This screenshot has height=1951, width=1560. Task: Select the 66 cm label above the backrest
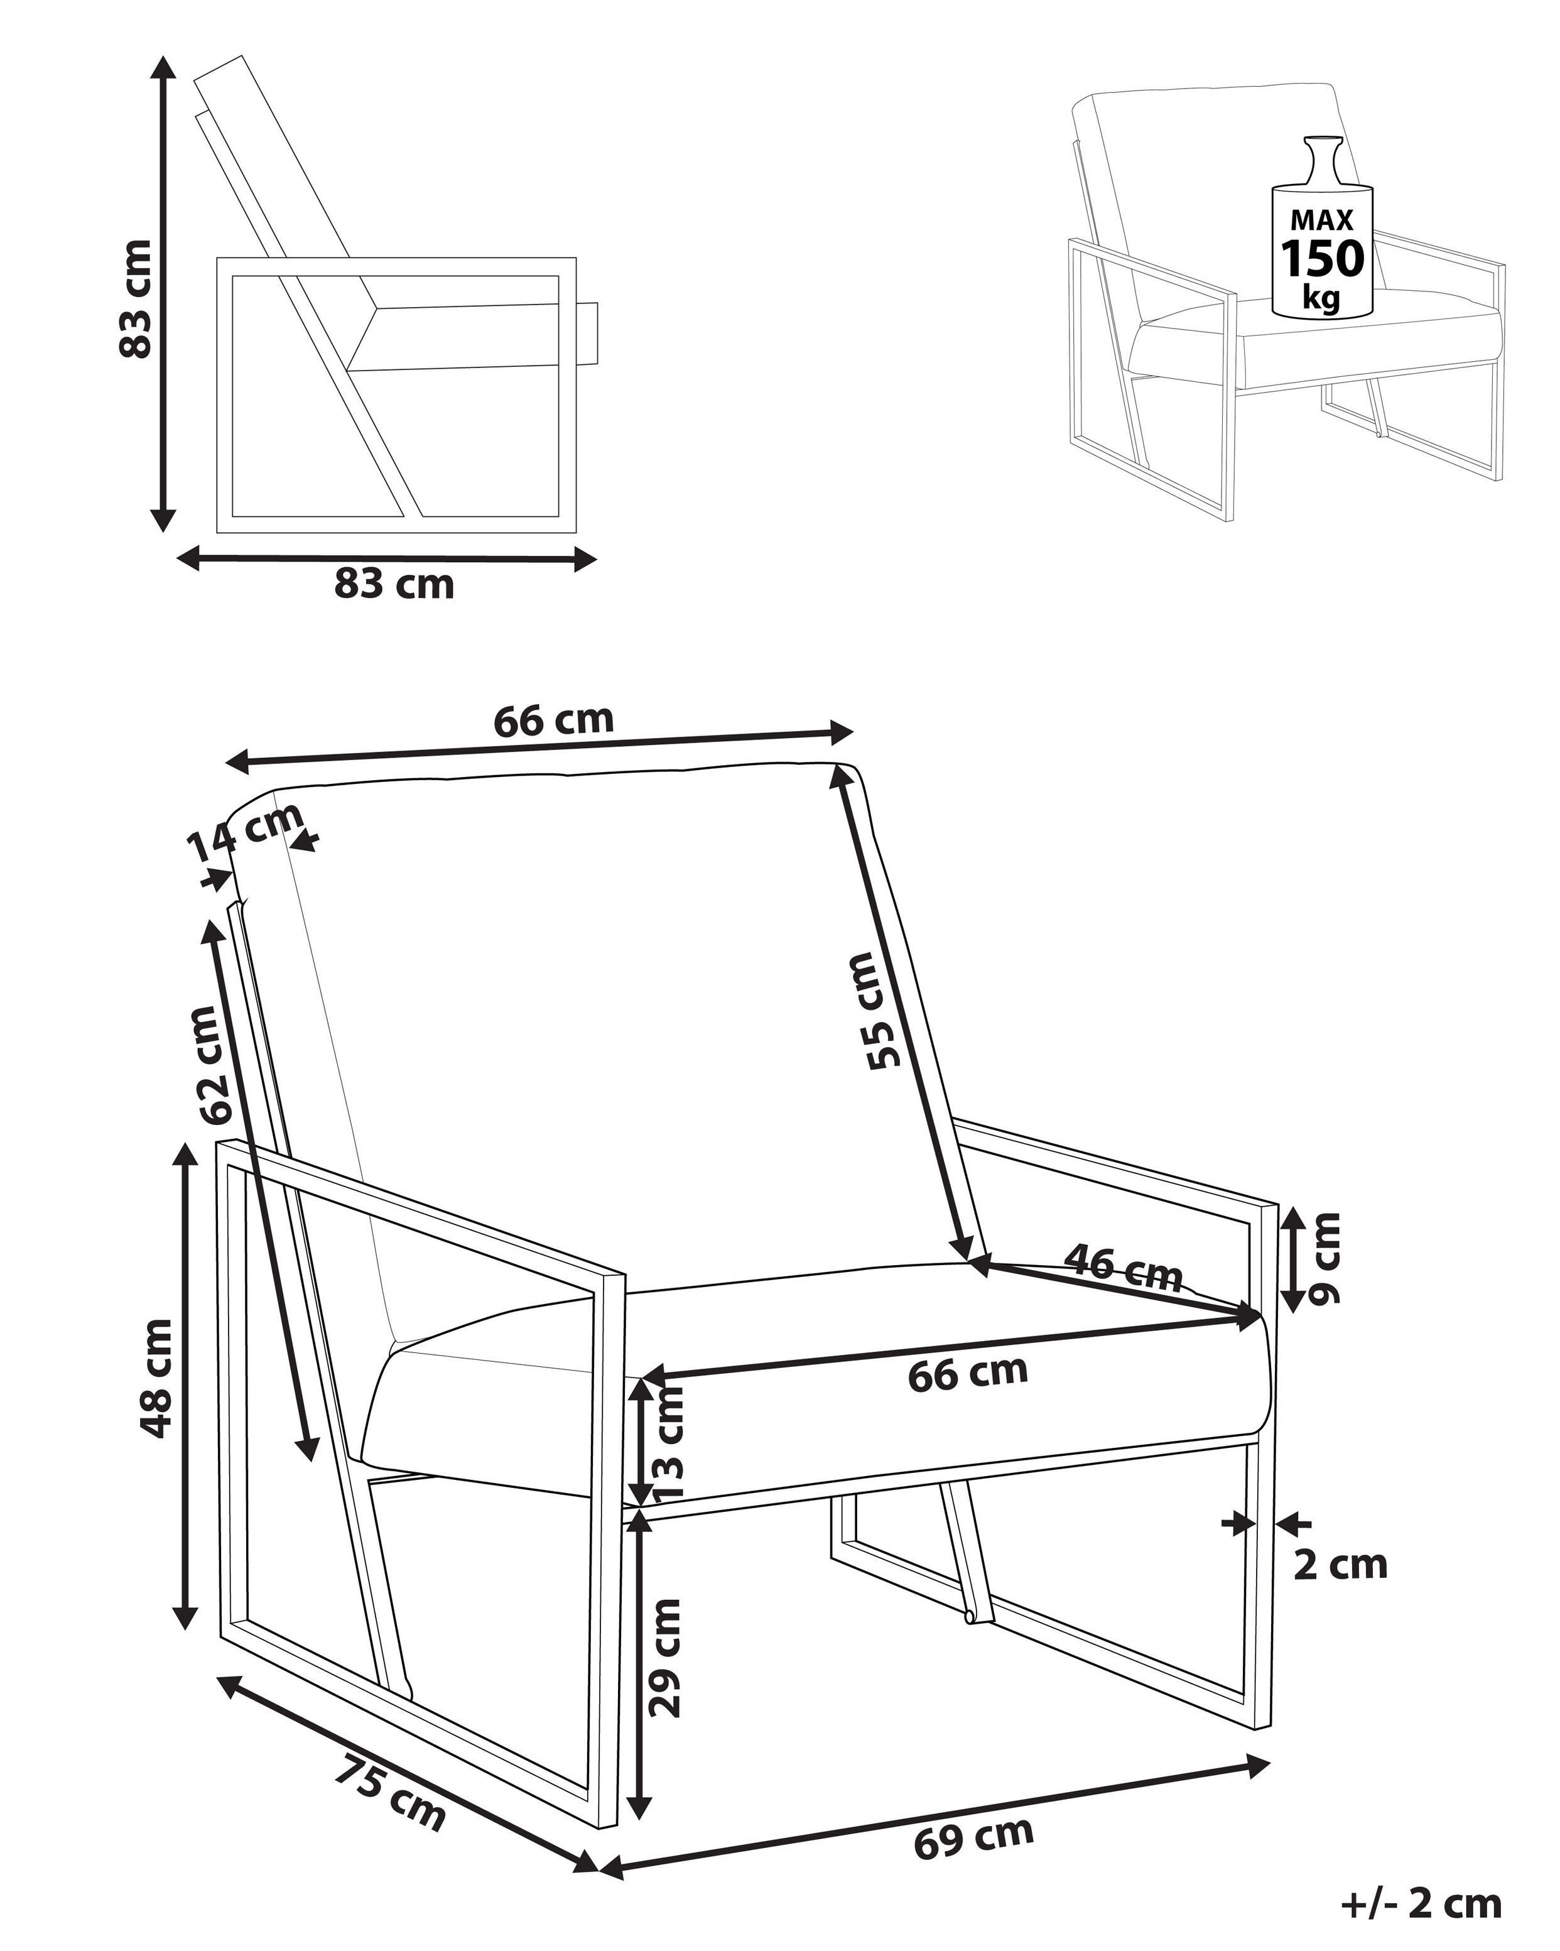click(x=553, y=721)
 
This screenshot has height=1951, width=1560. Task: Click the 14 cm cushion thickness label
click(x=244, y=832)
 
